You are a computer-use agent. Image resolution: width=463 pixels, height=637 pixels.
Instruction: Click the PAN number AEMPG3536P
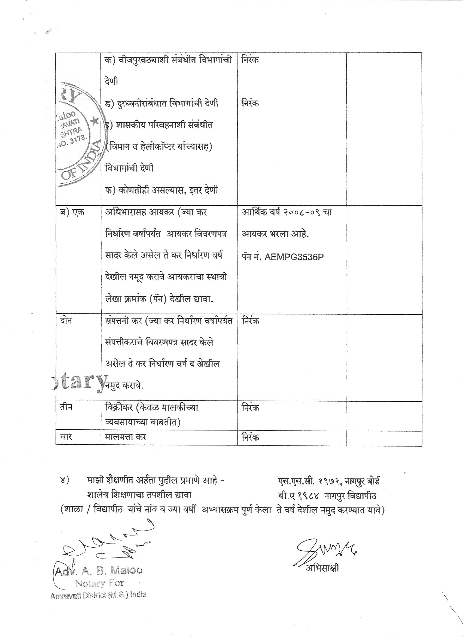pos(294,257)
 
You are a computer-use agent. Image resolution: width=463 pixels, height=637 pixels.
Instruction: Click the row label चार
pos(66,437)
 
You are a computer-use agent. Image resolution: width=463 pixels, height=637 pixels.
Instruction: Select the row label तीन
pos(66,407)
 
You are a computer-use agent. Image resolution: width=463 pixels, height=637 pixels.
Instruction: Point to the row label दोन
pos(66,320)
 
